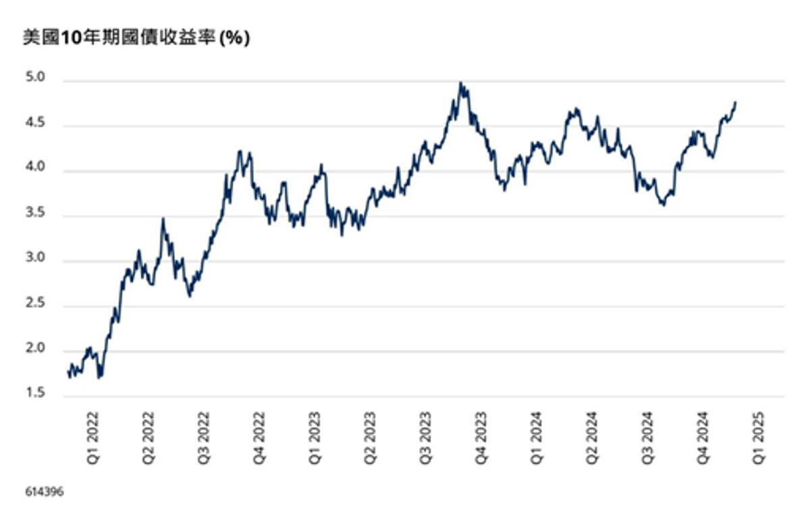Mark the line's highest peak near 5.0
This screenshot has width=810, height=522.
[460, 83]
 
